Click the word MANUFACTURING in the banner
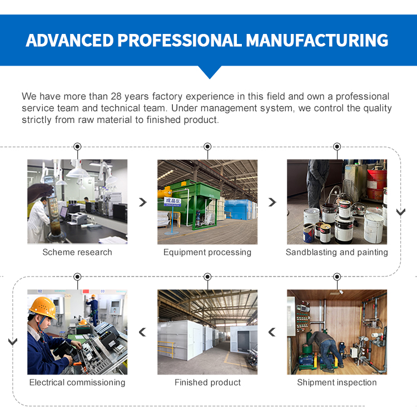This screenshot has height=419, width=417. [316, 40]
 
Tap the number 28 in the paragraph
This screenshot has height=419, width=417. [116, 96]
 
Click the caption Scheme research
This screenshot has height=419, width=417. [77, 252]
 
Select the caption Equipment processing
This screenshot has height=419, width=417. [207, 252]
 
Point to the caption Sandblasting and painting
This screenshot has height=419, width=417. [336, 252]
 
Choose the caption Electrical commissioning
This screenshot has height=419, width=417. [77, 382]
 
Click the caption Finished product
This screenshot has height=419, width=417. [207, 382]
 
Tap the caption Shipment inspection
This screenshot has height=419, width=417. [336, 382]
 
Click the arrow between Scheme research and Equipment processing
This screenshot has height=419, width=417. [143, 203]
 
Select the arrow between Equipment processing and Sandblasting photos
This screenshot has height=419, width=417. [272, 203]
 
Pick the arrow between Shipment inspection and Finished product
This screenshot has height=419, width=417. [272, 332]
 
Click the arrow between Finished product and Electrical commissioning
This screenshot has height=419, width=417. [142, 332]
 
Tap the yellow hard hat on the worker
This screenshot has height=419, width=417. [43, 307]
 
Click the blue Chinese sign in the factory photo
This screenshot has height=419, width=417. [172, 202]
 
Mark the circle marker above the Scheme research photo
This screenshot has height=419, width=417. [77, 146]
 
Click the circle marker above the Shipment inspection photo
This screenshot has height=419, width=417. [337, 277]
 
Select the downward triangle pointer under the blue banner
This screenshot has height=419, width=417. [210, 72]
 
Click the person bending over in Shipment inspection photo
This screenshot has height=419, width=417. [325, 351]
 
